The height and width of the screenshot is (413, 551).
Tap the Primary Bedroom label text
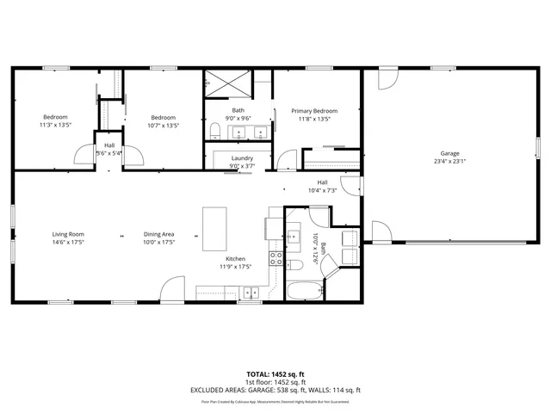click(x=313, y=111)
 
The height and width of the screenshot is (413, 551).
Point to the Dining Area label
click(x=159, y=234)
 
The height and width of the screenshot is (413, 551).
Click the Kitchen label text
click(x=236, y=259)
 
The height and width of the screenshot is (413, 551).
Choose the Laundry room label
click(x=242, y=158)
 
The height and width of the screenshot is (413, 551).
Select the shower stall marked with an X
click(x=228, y=86)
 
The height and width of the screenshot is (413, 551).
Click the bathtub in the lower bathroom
click(x=301, y=290)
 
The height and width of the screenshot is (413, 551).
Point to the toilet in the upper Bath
click(x=214, y=131)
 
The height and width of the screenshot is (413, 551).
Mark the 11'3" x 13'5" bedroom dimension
click(x=55, y=126)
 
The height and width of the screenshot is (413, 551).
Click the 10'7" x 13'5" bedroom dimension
click(x=163, y=126)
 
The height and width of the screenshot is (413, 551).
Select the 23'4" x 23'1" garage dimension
click(x=449, y=161)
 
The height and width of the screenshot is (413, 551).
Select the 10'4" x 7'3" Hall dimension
click(x=322, y=190)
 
